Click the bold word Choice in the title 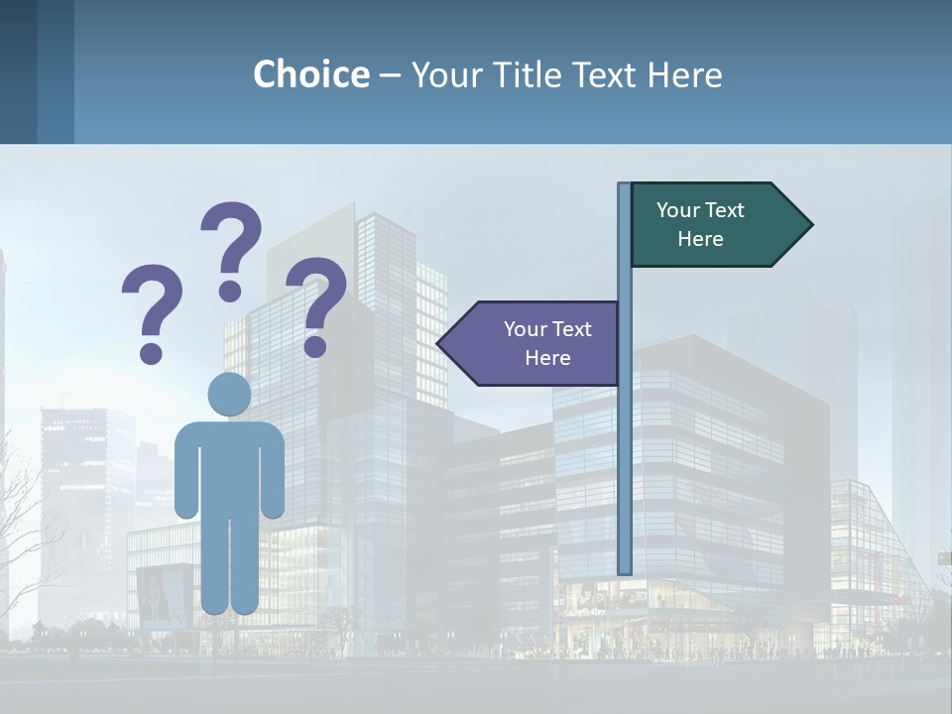click(310, 74)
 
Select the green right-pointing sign click(714, 225)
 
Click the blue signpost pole click(624, 446)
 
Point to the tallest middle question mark click(232, 238)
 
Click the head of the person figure click(229, 394)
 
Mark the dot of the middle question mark click(230, 291)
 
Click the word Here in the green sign click(700, 239)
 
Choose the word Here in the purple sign click(547, 358)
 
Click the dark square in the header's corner click(18, 71)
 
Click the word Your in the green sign click(678, 210)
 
